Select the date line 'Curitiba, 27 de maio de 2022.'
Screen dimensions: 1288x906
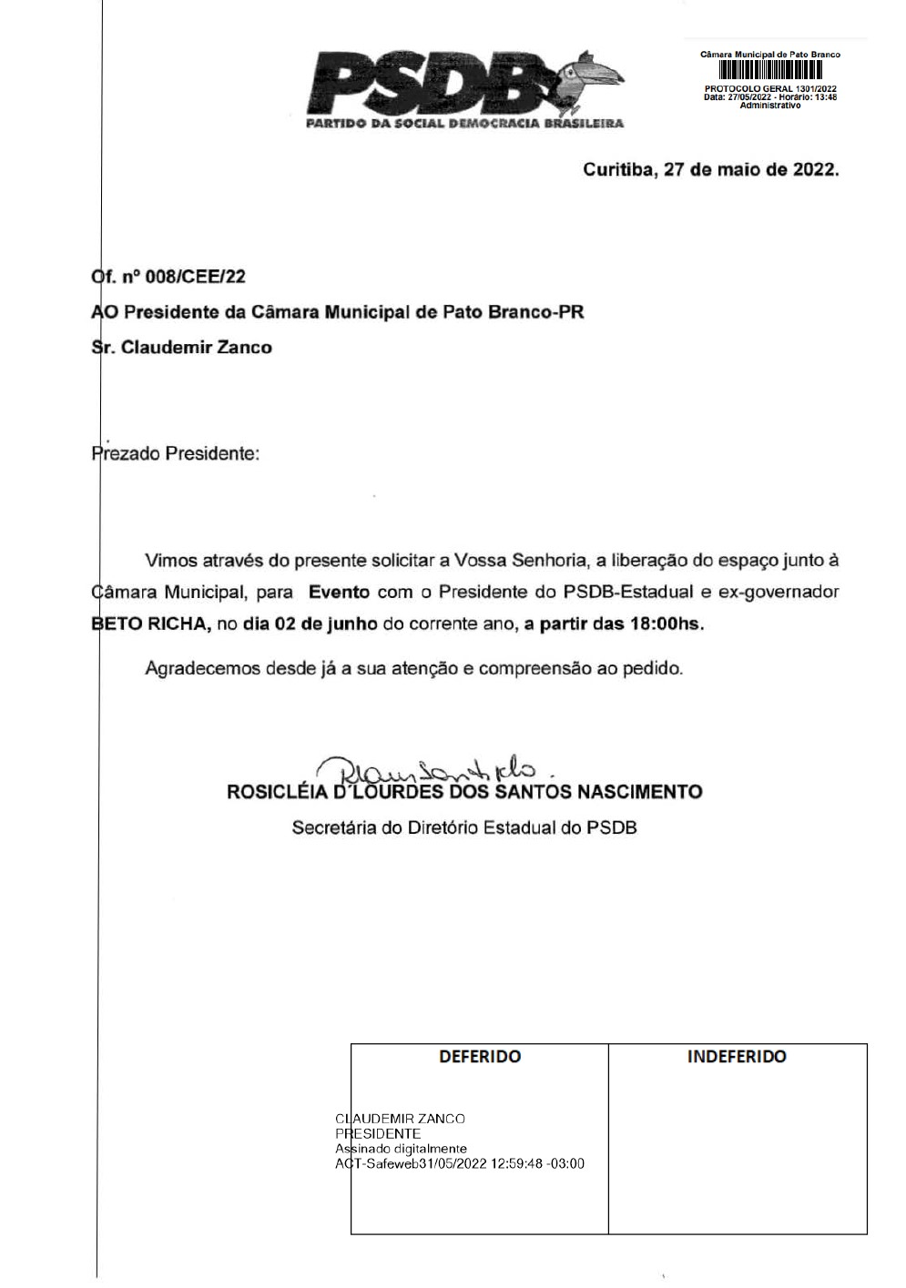[x=710, y=170]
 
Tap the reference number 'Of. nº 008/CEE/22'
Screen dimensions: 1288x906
[x=168, y=277]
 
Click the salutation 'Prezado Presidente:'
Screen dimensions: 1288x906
[x=176, y=453]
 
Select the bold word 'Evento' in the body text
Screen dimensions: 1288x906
[x=339, y=592]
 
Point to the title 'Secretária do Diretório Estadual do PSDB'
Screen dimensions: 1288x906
[x=463, y=828]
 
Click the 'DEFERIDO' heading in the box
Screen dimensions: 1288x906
[x=480, y=1057]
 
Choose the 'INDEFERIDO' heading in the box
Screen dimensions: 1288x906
[x=737, y=1057]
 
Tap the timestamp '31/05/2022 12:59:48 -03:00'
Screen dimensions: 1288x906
[x=502, y=1163]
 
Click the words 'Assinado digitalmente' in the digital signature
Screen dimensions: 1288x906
[x=401, y=1149]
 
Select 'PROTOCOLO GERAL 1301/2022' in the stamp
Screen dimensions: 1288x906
[x=770, y=88]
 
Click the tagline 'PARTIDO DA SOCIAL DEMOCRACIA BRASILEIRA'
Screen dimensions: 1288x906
[x=464, y=123]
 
